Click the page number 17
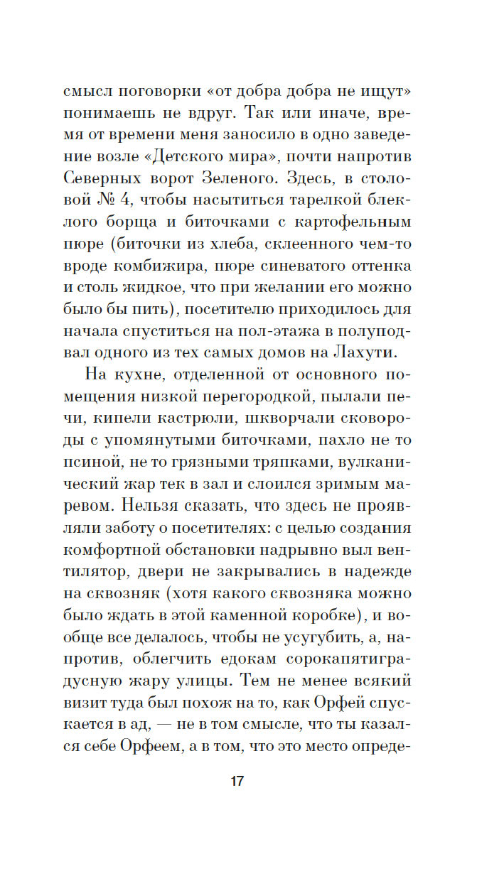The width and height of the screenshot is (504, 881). coord(237,781)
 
